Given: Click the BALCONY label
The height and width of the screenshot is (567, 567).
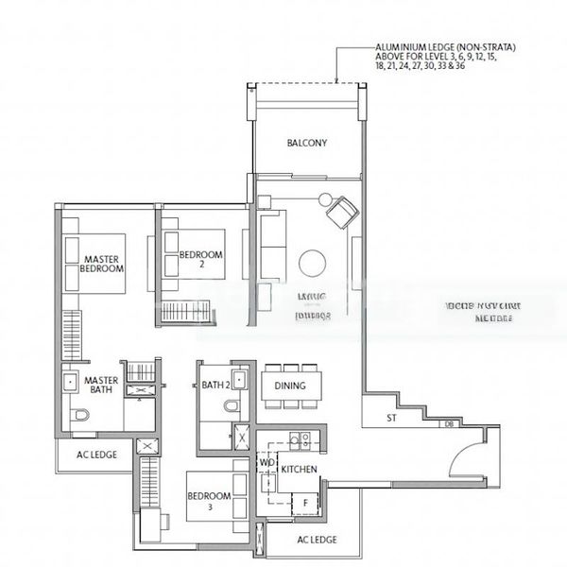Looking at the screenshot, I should coord(306,144).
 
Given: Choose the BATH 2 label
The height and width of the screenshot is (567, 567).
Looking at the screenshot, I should coord(215,385).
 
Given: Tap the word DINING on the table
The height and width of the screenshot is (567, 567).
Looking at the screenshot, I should coord(291,386).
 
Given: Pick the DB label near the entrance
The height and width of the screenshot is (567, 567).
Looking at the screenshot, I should coord(448,424).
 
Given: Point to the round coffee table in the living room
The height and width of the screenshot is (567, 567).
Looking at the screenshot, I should coord(312,263).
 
